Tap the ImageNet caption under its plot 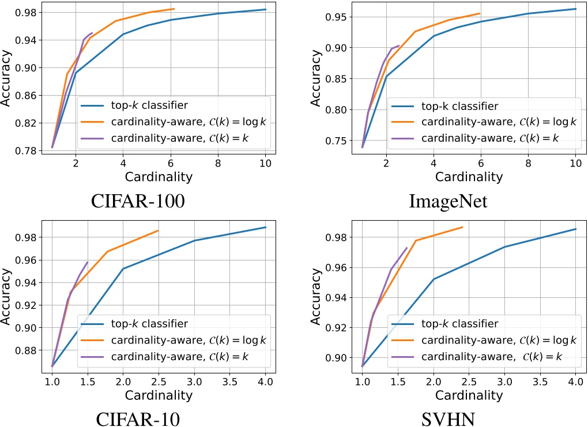[x=448, y=202]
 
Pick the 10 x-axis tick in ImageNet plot [x=575, y=163]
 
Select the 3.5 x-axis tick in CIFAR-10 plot [x=229, y=381]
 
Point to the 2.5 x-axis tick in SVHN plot [x=469, y=381]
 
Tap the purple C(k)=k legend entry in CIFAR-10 [x=173, y=356]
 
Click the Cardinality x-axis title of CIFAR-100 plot [x=156, y=176]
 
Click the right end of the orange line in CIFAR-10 [x=158, y=230]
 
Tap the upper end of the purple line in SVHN [x=407, y=248]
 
